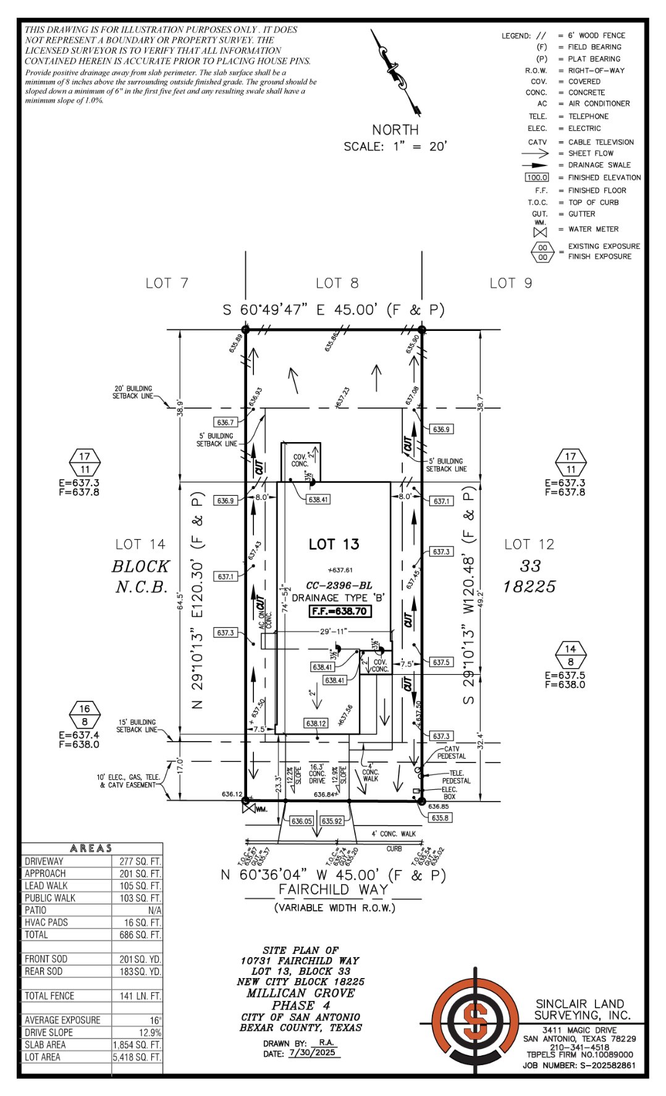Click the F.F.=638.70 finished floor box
pyautogui.click(x=340, y=611)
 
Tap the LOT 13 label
pyautogui.click(x=334, y=544)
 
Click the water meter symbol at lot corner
pyautogui.click(x=248, y=805)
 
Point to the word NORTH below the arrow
pyautogui.click(x=395, y=130)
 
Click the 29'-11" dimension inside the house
pyautogui.click(x=334, y=631)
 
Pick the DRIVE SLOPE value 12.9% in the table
pyautogui.click(x=151, y=1032)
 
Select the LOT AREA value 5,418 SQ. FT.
pyautogui.click(x=137, y=1057)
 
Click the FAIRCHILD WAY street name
pyautogui.click(x=334, y=889)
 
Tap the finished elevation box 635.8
pyautogui.click(x=440, y=818)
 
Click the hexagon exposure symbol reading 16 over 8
pyautogui.click(x=85, y=715)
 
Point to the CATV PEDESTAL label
pyautogui.click(x=452, y=752)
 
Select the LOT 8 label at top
pyautogui.click(x=337, y=283)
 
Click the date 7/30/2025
pyautogui.click(x=314, y=1053)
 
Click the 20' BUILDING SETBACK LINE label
pyautogui.click(x=132, y=392)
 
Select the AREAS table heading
pyautogui.click(x=91, y=848)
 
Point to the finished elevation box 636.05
pyautogui.click(x=301, y=821)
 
